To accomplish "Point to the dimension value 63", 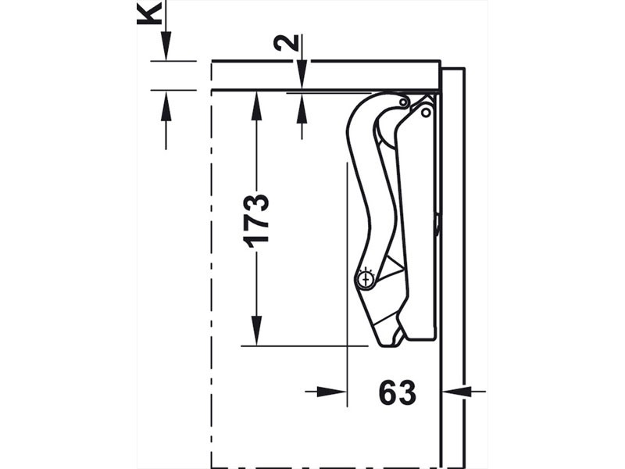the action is (398, 393).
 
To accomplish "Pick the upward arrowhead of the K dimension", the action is (166, 105).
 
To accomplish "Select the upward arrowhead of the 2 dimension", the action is (302, 109).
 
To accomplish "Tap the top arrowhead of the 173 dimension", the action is (257, 106).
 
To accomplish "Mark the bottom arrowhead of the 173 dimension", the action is (257, 331).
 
